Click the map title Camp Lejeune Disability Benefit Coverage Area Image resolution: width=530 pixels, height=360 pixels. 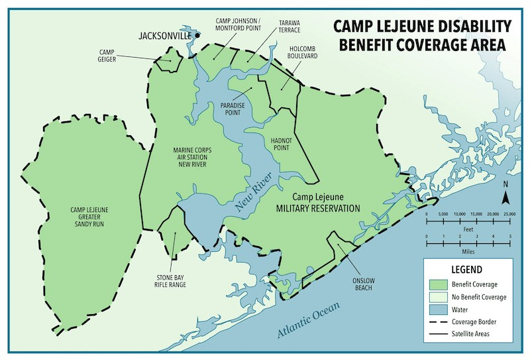422,36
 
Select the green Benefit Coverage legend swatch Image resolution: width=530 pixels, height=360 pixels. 437,284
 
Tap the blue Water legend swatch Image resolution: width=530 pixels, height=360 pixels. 437,309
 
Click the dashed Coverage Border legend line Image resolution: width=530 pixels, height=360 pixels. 437,322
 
